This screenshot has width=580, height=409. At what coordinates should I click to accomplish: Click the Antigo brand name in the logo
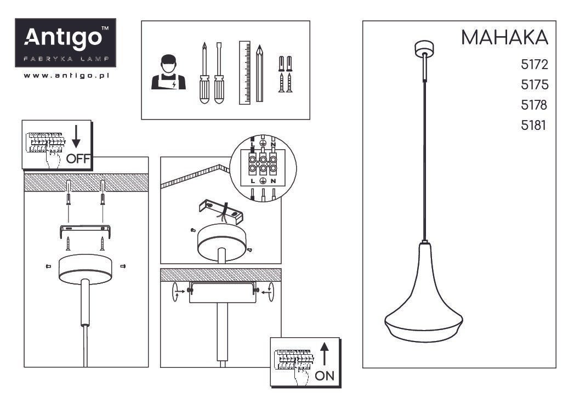63,37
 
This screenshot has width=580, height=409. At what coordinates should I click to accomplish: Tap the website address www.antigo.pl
66,76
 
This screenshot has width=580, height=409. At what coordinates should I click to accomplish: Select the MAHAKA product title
504,37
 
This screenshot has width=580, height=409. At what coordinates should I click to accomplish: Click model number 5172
534,65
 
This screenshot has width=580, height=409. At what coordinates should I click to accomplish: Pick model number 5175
534,85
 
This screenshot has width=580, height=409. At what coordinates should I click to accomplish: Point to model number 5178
534,105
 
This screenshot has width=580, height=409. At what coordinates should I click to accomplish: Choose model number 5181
533,126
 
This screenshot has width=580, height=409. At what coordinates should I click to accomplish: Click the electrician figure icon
168,72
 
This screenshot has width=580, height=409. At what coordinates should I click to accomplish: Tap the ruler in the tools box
244,72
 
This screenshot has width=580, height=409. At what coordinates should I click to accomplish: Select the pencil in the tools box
259,73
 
